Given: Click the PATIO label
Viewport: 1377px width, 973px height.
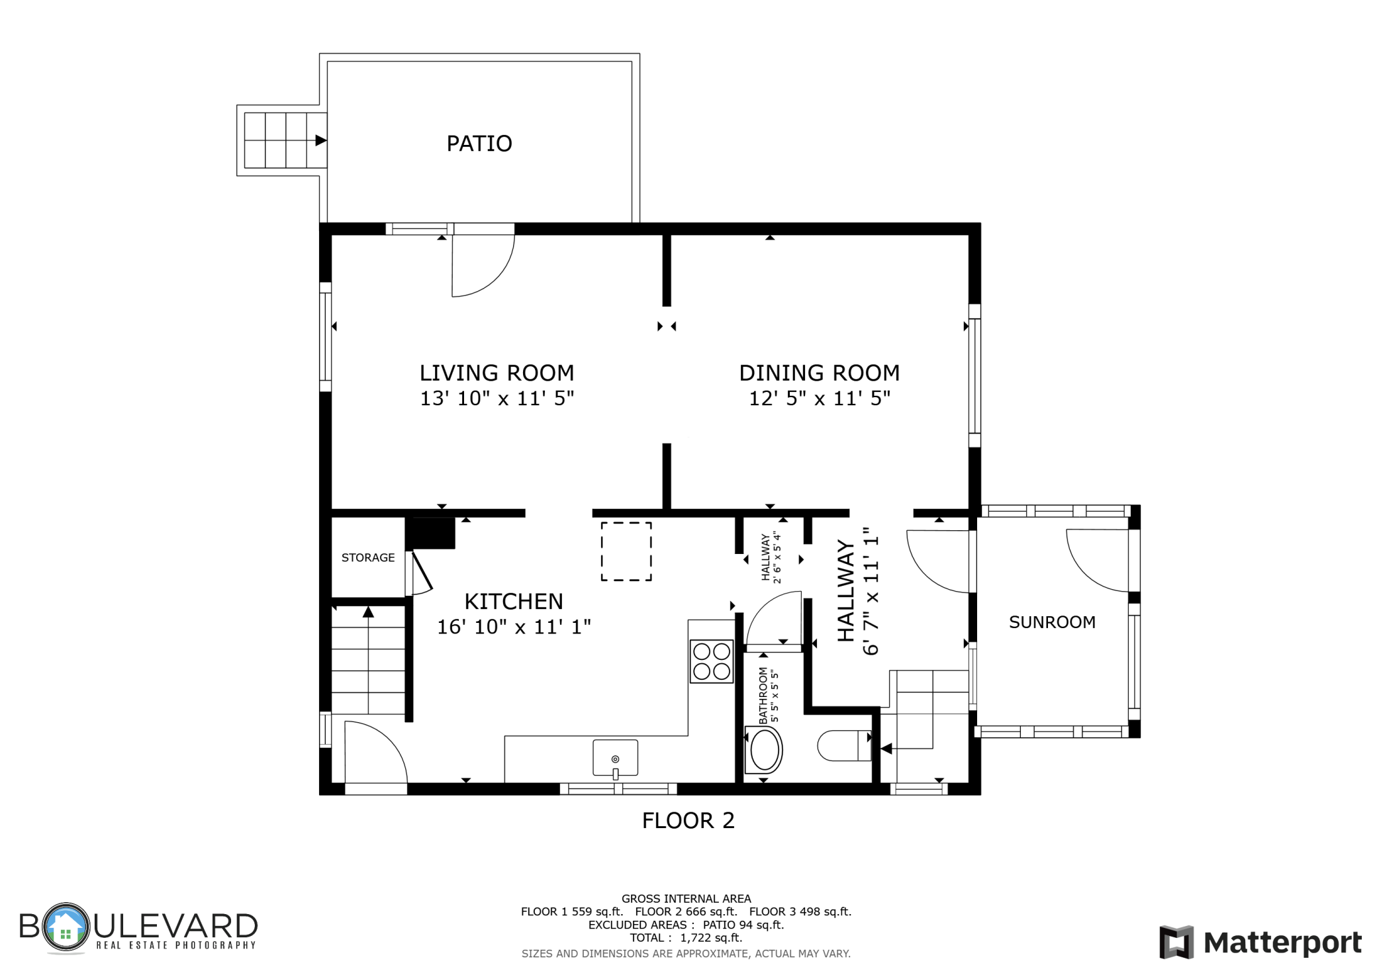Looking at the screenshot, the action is pyautogui.click(x=479, y=144).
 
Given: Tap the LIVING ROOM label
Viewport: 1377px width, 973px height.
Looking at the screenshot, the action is pyautogui.click(x=497, y=373).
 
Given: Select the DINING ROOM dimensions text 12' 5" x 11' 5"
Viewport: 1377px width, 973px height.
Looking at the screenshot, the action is pyautogui.click(x=820, y=398).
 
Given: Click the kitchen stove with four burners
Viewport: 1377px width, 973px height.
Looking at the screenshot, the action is pyautogui.click(x=712, y=661).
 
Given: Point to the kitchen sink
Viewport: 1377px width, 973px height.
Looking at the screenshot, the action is pyautogui.click(x=615, y=758).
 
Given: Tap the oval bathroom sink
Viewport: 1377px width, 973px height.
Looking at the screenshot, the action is pyautogui.click(x=764, y=750).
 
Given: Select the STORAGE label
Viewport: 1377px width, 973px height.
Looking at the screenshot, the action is pyautogui.click(x=368, y=557).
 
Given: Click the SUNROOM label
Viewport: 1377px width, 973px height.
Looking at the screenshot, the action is pyautogui.click(x=1052, y=622).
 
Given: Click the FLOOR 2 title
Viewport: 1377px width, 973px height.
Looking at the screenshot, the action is pyautogui.click(x=688, y=821).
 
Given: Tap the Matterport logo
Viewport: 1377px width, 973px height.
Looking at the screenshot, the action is pyautogui.click(x=1260, y=942).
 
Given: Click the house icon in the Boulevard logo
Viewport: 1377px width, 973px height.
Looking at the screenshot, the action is pyautogui.click(x=65, y=927).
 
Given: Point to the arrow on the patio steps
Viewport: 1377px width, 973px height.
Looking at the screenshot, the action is pyautogui.click(x=321, y=140).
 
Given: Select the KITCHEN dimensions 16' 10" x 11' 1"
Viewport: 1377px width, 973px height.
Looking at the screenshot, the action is pyautogui.click(x=514, y=627).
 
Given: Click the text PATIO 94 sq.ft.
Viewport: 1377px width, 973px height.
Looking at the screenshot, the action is pyautogui.click(x=743, y=925).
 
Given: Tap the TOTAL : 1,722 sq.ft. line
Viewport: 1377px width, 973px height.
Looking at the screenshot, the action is pyautogui.click(x=686, y=938).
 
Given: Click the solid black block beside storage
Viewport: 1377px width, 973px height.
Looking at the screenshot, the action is pyautogui.click(x=430, y=533).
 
